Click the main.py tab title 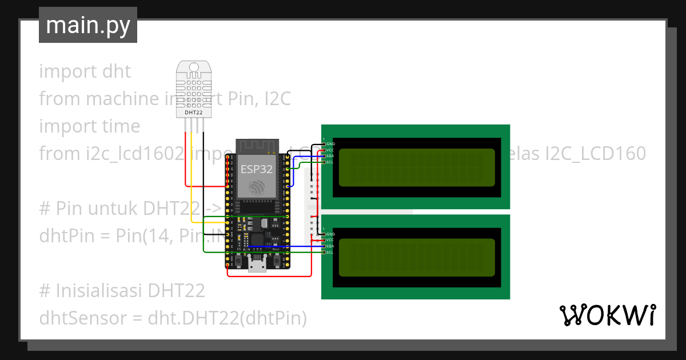point(87,26)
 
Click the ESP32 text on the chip point(256,169)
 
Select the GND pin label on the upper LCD point(330,144)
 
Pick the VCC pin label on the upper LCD point(330,150)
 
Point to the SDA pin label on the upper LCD point(330,156)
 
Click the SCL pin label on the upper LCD point(330,162)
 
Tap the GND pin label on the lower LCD point(330,234)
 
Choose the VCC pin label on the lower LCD point(330,240)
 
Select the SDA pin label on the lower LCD point(330,246)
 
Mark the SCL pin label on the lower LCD point(330,252)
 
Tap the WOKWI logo point(607,315)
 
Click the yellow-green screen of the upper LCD point(417,167)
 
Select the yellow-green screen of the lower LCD point(417,257)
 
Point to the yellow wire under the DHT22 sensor point(192,171)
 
